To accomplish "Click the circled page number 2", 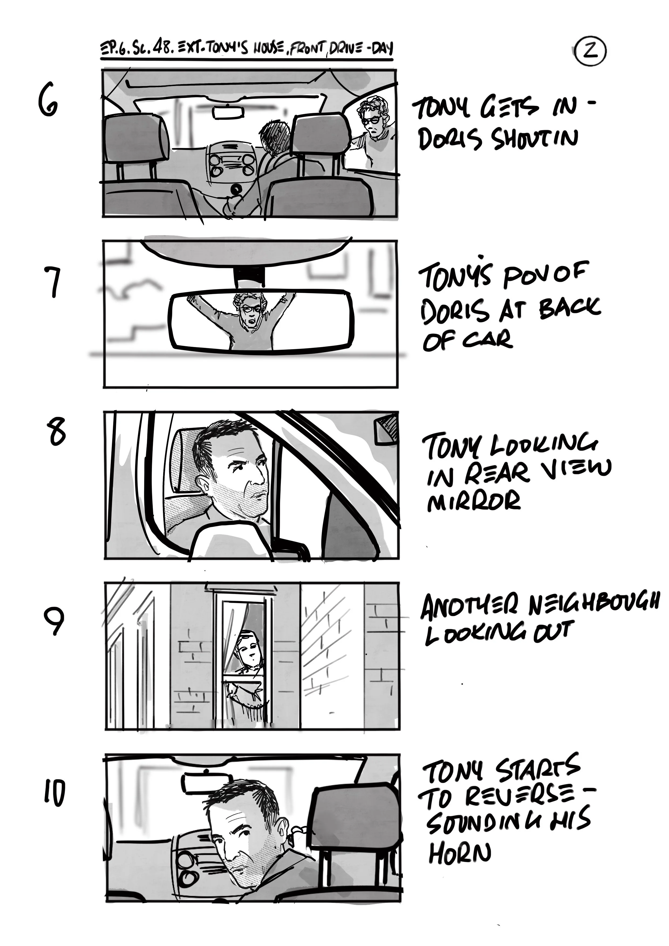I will pyautogui.click(x=591, y=52).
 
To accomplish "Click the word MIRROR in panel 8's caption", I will pyautogui.click(x=474, y=502).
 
